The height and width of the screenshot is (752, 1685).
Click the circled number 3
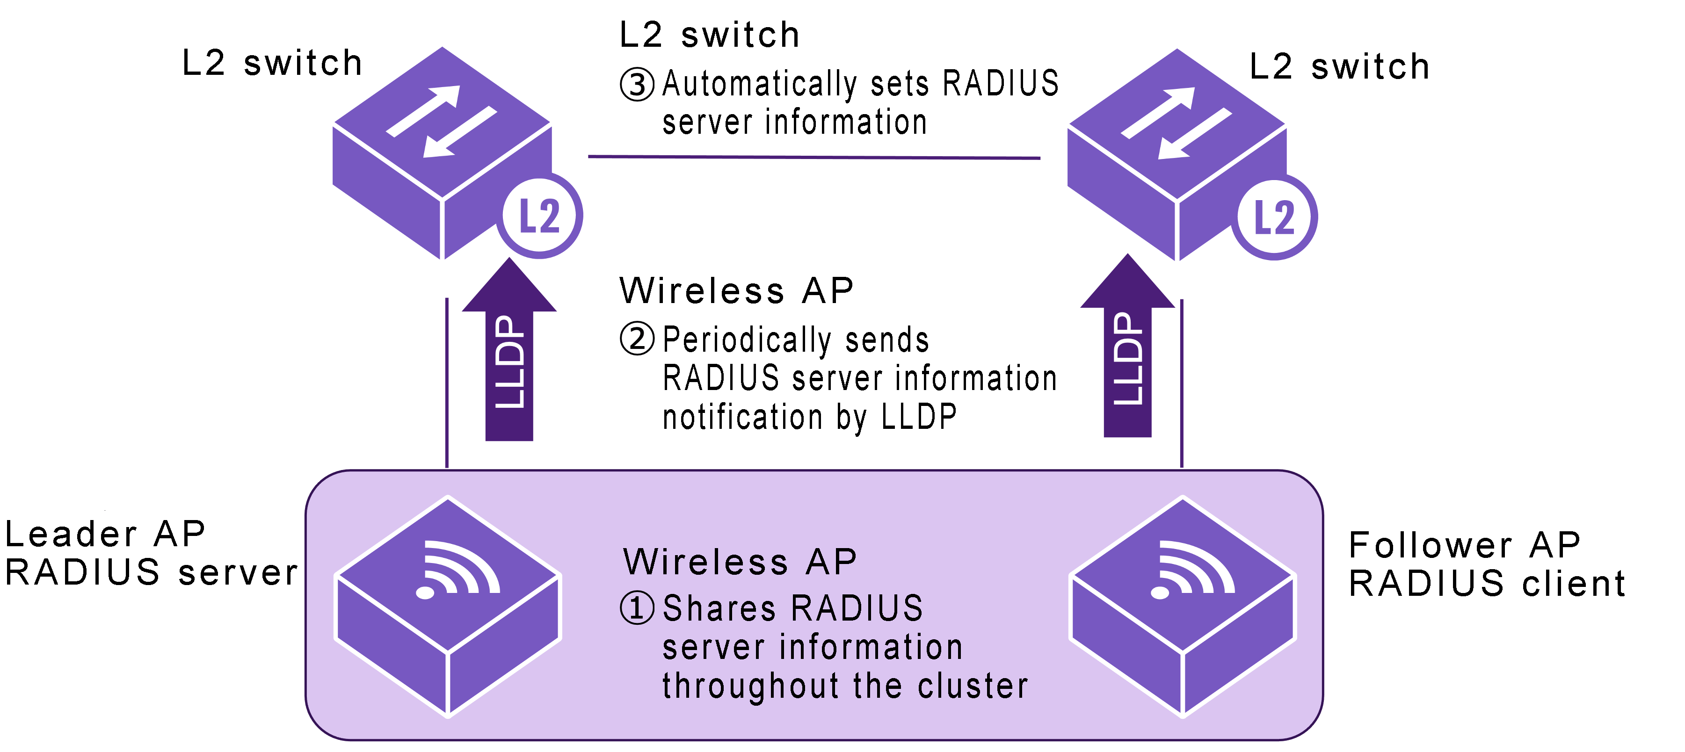pyautogui.click(x=637, y=85)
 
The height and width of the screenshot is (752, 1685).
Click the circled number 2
pyautogui.click(x=637, y=339)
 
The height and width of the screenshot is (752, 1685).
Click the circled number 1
pyautogui.click(x=637, y=607)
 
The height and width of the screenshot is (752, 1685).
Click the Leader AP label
pyautogui.click(x=105, y=534)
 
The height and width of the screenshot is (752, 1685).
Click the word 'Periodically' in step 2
pyautogui.click(x=746, y=340)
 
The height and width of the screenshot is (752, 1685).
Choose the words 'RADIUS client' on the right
pyautogui.click(x=1487, y=583)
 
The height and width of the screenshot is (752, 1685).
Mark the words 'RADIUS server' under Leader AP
pyautogui.click(x=151, y=572)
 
